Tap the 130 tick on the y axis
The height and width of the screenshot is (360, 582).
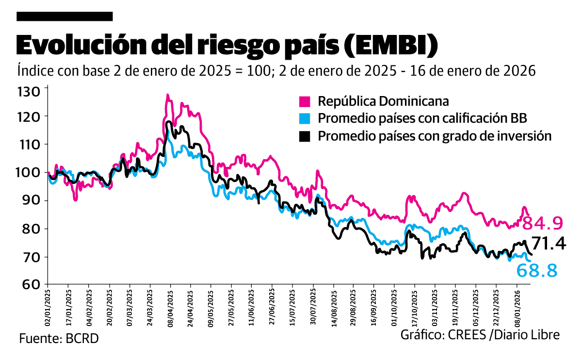pyautogui.click(x=30, y=92)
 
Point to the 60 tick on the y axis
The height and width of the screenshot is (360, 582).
pyautogui.click(x=30, y=284)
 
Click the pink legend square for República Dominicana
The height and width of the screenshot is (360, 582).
pyautogui.click(x=305, y=102)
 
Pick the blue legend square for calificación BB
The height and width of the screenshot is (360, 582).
pyautogui.click(x=305, y=119)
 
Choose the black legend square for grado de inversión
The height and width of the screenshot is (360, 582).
pyautogui.click(x=305, y=136)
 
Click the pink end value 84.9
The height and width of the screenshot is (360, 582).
pyautogui.click(x=544, y=223)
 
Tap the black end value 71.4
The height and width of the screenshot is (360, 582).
pyautogui.click(x=549, y=244)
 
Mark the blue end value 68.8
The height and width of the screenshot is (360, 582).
pyautogui.click(x=537, y=271)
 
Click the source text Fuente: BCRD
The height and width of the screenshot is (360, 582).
pyautogui.click(x=59, y=338)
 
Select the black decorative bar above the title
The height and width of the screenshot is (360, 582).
pyautogui.click(x=65, y=16)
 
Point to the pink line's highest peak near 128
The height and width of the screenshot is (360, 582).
pyautogui.click(x=167, y=95)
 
